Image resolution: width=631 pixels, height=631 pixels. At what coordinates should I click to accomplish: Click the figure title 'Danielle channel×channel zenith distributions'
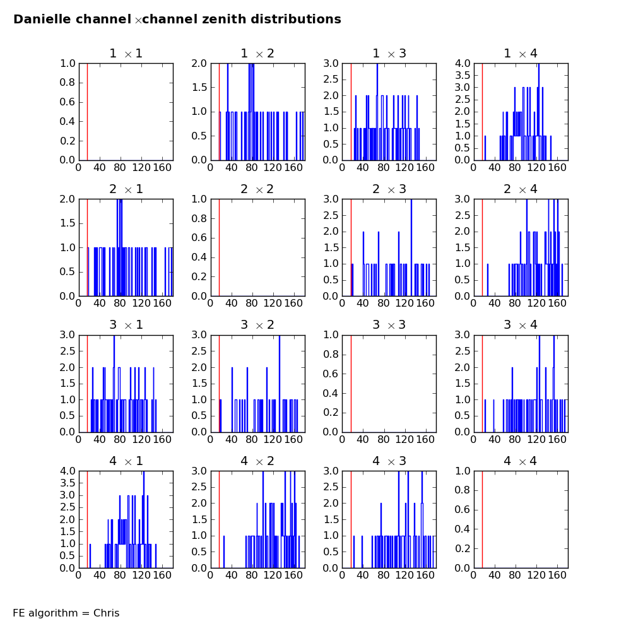(x=177, y=20)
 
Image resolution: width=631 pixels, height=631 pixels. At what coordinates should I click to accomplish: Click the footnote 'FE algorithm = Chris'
(x=66, y=613)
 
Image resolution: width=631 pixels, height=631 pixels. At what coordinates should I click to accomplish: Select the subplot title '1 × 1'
(x=126, y=54)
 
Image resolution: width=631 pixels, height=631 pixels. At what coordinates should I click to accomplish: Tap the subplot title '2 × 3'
(x=389, y=189)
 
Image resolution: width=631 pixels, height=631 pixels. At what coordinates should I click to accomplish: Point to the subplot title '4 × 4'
(x=521, y=461)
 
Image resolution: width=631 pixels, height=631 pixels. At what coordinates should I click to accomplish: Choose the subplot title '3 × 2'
(x=257, y=325)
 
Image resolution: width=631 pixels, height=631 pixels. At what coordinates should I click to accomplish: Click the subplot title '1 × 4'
(x=521, y=54)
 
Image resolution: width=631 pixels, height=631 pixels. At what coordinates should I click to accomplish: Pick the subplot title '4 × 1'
(x=126, y=461)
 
